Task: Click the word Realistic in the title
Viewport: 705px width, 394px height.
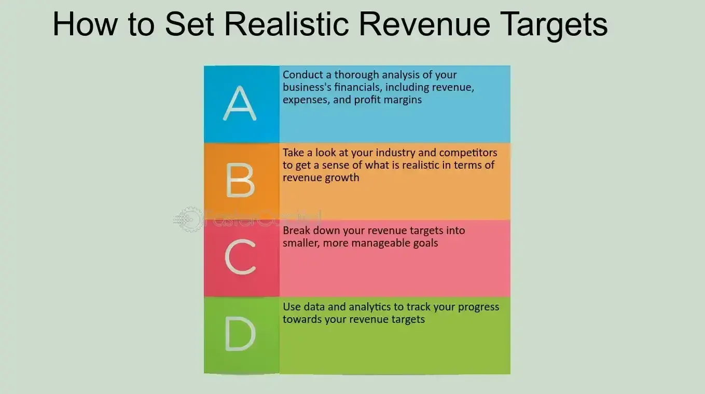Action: [x=287, y=24]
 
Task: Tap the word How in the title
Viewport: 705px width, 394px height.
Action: [x=85, y=24]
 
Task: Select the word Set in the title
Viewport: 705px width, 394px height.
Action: [x=189, y=24]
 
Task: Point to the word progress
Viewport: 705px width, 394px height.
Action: [x=478, y=308]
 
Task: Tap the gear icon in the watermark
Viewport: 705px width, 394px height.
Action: [x=189, y=219]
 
